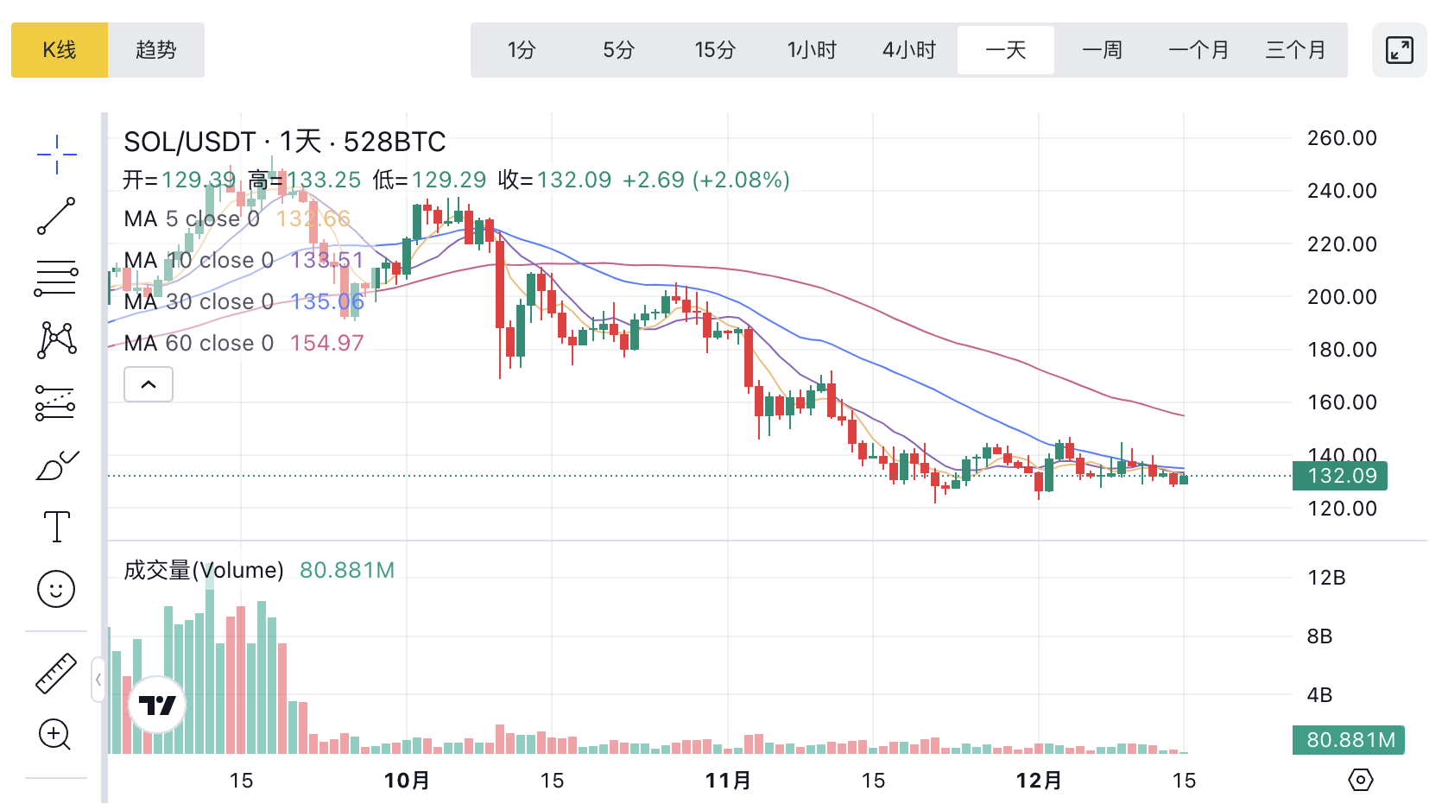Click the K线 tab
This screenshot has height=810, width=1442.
tap(60, 50)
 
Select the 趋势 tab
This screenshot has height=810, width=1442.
tap(156, 50)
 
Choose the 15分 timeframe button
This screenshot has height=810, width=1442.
tap(715, 50)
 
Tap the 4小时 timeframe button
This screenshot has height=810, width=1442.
tap(908, 50)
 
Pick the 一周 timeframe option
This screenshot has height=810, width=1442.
tap(1102, 50)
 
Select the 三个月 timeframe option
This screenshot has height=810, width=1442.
tap(1295, 50)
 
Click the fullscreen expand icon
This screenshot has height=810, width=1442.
tap(1399, 50)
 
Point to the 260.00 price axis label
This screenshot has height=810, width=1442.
tap(1341, 138)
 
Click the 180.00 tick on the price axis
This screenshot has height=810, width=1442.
tap(1341, 350)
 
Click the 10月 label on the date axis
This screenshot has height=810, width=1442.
tap(407, 781)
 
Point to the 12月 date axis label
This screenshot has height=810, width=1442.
tap(1039, 781)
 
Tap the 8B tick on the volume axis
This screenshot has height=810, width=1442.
tap(1319, 636)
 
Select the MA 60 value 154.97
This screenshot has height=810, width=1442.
tap(326, 343)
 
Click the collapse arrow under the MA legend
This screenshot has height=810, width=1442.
tap(149, 384)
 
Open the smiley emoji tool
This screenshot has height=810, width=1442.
tap(56, 589)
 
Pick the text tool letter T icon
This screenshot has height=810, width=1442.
tap(56, 527)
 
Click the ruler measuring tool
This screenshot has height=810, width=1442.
tap(56, 674)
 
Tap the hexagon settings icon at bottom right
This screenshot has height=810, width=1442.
tap(1360, 780)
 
